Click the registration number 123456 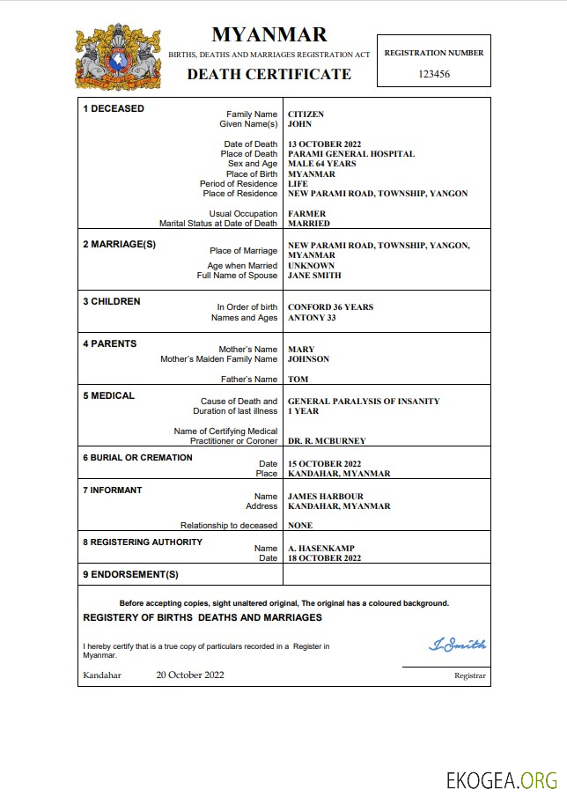tap(433, 74)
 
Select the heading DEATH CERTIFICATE tap(269, 74)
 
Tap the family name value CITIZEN tap(306, 114)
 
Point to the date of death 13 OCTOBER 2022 tap(325, 144)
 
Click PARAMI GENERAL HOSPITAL tap(351, 154)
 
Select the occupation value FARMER tap(306, 214)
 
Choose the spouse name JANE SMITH tap(314, 276)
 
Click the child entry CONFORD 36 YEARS tap(331, 307)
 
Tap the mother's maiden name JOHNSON tap(308, 359)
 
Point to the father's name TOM tap(298, 380)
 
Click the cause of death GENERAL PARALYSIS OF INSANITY tap(364, 402)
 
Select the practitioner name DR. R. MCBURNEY tap(327, 441)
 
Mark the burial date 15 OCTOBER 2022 tap(325, 463)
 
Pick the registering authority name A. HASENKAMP tap(322, 549)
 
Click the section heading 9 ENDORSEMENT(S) tap(130, 574)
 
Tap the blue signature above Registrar tap(457, 645)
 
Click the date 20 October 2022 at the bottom tap(190, 675)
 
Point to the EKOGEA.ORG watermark tap(503, 780)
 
